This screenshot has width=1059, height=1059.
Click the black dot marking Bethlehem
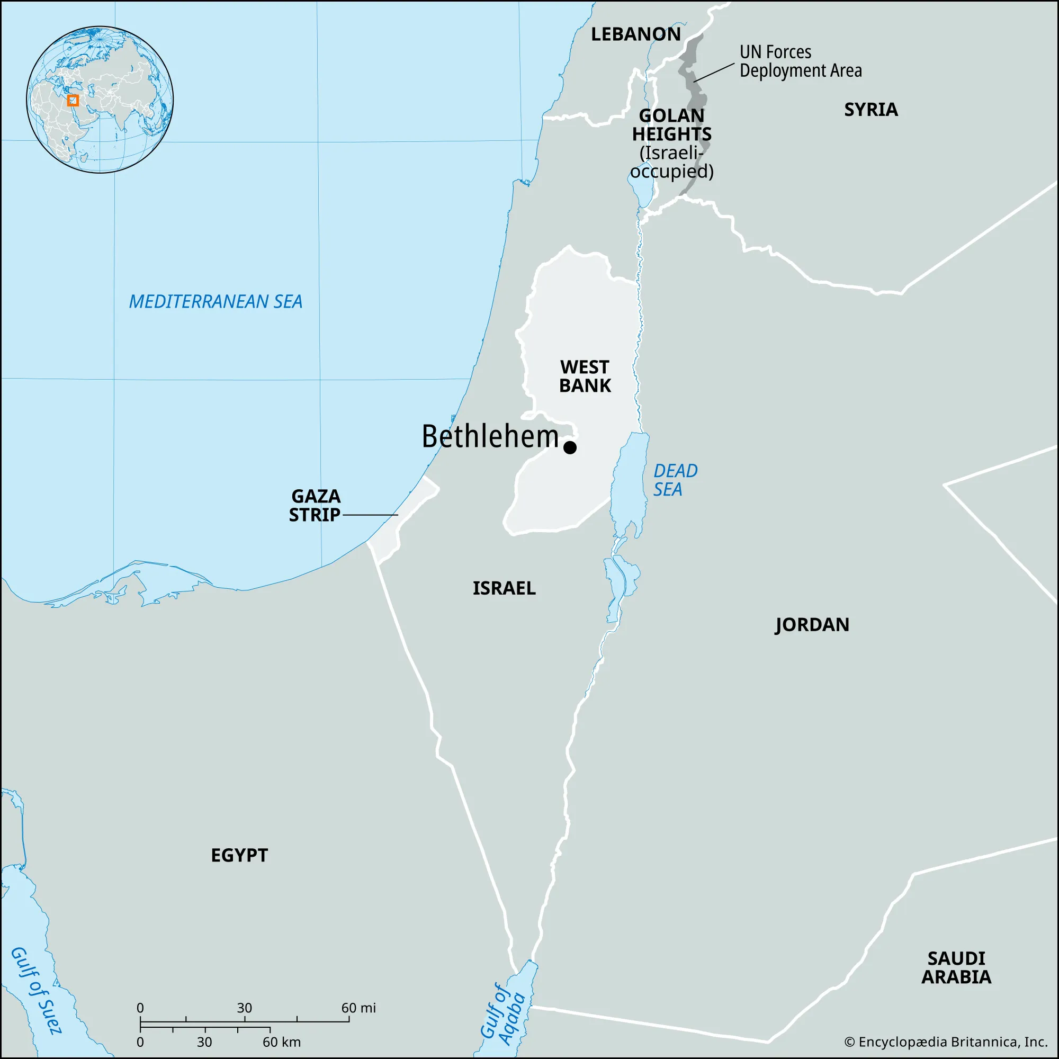[570, 447]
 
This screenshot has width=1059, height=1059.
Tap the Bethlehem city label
[489, 437]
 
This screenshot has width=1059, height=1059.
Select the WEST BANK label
[585, 376]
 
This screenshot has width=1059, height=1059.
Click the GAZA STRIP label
[315, 505]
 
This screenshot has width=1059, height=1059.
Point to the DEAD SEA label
[675, 480]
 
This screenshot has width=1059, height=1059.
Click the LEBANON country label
[635, 34]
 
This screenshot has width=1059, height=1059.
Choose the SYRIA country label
[870, 110]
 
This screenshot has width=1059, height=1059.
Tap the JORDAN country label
[812, 624]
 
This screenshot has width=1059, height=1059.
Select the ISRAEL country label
[504, 588]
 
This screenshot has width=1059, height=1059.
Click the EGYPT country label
[239, 855]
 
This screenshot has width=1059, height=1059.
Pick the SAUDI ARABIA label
[956, 967]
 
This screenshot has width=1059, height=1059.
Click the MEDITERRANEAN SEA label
[216, 301]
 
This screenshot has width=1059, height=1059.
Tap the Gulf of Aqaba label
[502, 1015]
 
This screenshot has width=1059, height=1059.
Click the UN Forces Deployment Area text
[800, 61]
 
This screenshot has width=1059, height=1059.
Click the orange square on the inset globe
[73, 100]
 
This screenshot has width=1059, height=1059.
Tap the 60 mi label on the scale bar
[358, 1008]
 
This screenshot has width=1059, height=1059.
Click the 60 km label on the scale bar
[281, 1042]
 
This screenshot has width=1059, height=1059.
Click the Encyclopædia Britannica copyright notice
[946, 1042]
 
